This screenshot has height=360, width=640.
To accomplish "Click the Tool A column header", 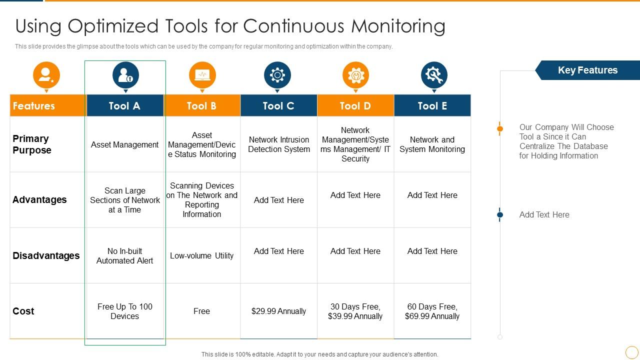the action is pyautogui.click(x=125, y=105).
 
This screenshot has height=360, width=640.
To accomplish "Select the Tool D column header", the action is pyautogui.click(x=355, y=105).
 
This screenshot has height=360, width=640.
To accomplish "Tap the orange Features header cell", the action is pyautogui.click(x=47, y=105).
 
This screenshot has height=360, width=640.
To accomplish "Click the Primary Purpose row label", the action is pyautogui.click(x=32, y=144).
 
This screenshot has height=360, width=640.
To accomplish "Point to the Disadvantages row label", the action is pyautogui.click(x=46, y=255).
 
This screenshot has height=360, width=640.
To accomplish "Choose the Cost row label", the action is pyautogui.click(x=23, y=311).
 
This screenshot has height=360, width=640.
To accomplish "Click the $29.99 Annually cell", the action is pyautogui.click(x=278, y=311).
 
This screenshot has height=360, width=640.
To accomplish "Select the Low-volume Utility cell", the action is pyautogui.click(x=201, y=255).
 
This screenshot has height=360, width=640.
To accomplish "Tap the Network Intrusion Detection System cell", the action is pyautogui.click(x=279, y=144).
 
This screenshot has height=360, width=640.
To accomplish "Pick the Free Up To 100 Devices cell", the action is pyautogui.click(x=125, y=311).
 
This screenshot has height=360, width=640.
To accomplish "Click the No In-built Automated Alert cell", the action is pyautogui.click(x=124, y=255).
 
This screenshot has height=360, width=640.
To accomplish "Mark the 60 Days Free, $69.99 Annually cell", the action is pyautogui.click(x=432, y=311).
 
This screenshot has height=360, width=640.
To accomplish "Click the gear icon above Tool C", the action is pyautogui.click(x=277, y=75).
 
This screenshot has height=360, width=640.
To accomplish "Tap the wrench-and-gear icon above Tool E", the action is pyautogui.click(x=434, y=75).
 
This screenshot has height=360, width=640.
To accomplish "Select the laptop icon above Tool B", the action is pyautogui.click(x=202, y=75).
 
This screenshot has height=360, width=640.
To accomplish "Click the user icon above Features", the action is pyautogui.click(x=46, y=75).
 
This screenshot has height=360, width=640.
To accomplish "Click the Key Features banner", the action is pyautogui.click(x=587, y=70).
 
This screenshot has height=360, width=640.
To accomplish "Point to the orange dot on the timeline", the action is pyautogui.click(x=499, y=128).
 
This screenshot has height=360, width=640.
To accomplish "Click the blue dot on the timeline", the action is pyautogui.click(x=499, y=214).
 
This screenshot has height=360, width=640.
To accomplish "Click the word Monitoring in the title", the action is pyautogui.click(x=398, y=26).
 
